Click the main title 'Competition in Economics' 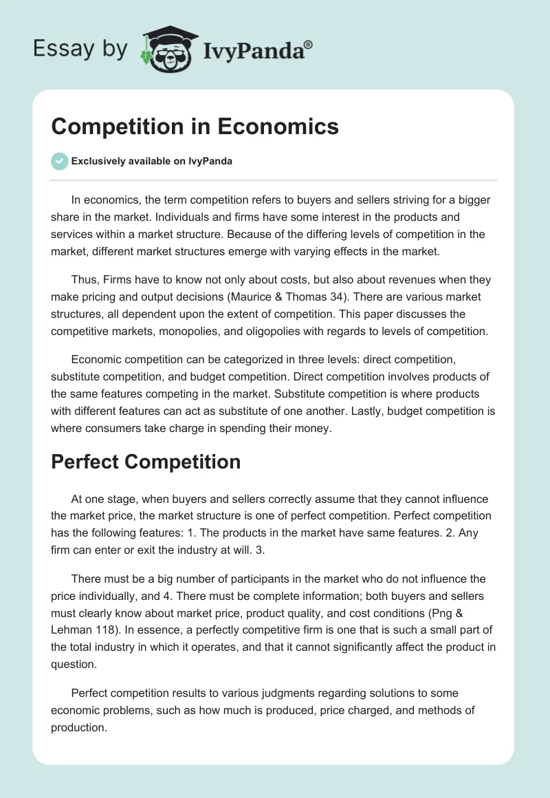point(195,127)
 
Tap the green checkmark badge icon point(59,161)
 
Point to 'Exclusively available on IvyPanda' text point(151,161)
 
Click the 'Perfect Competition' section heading point(146,462)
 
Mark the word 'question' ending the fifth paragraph point(74,663)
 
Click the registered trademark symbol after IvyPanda point(309,44)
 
